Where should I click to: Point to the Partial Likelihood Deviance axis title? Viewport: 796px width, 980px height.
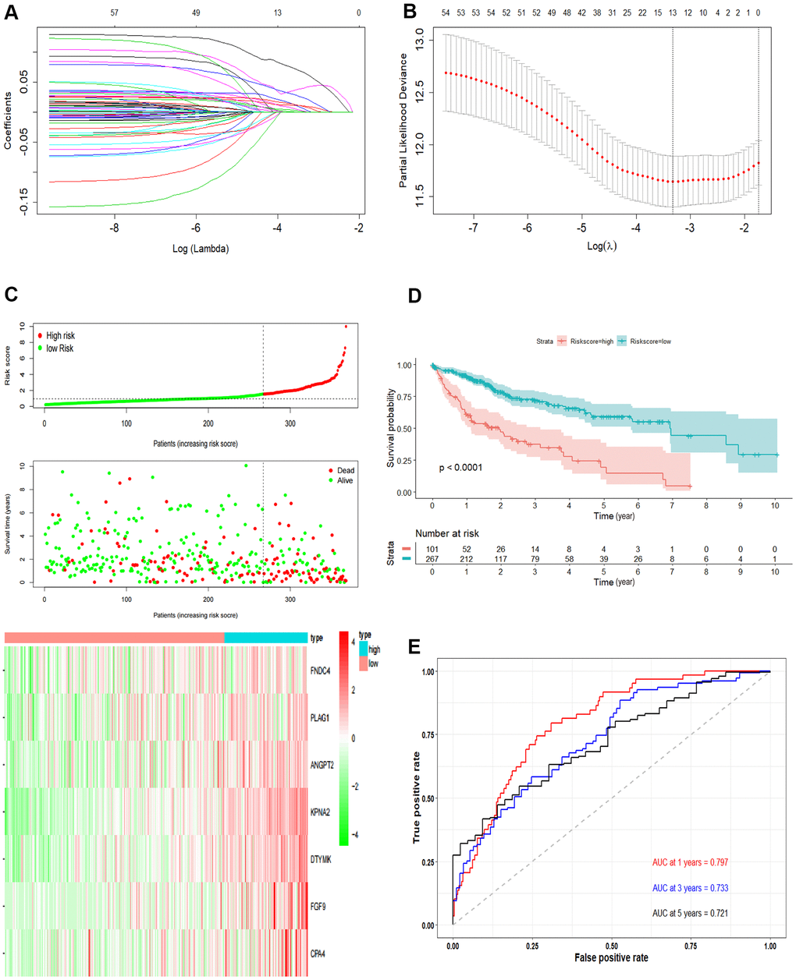(x=403, y=120)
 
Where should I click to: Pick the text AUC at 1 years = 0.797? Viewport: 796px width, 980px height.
(x=690, y=863)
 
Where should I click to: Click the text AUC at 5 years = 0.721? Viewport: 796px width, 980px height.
(x=690, y=912)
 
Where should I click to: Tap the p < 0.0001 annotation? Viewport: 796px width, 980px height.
(x=460, y=468)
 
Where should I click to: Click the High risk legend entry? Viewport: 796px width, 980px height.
(x=60, y=336)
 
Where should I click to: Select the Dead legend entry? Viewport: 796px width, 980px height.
(x=345, y=470)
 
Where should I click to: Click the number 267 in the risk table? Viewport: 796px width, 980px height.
(x=433, y=559)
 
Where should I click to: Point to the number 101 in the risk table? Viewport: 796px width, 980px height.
(x=433, y=548)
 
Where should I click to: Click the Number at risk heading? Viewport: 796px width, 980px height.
(x=447, y=533)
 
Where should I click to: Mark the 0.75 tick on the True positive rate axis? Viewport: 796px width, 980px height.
(x=426, y=734)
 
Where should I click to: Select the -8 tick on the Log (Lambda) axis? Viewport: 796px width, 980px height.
(x=115, y=228)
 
